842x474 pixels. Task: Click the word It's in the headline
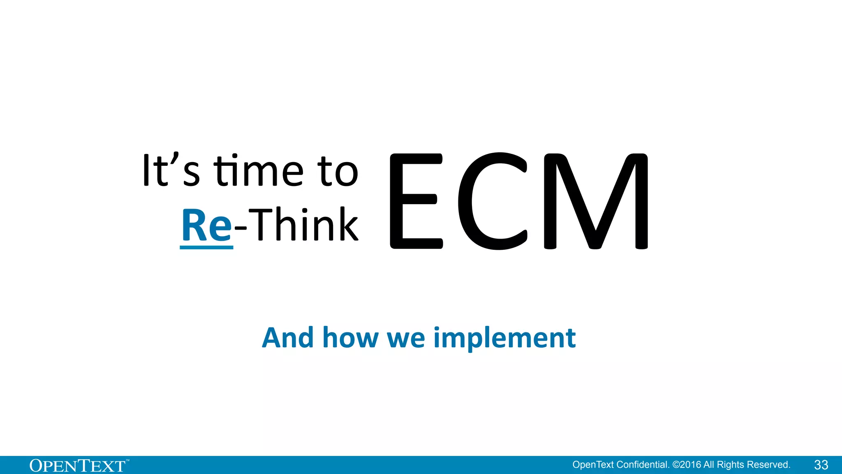coord(171,171)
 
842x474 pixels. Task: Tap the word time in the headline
coord(259,171)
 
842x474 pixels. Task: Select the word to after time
coord(338,172)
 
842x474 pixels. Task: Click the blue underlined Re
coord(207,225)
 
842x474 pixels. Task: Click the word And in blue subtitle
coord(288,338)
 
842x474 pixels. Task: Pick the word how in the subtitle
coord(350,338)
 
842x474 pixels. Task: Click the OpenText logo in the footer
coord(78,466)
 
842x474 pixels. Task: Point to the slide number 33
coord(821,465)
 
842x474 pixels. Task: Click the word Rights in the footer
coord(730,465)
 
